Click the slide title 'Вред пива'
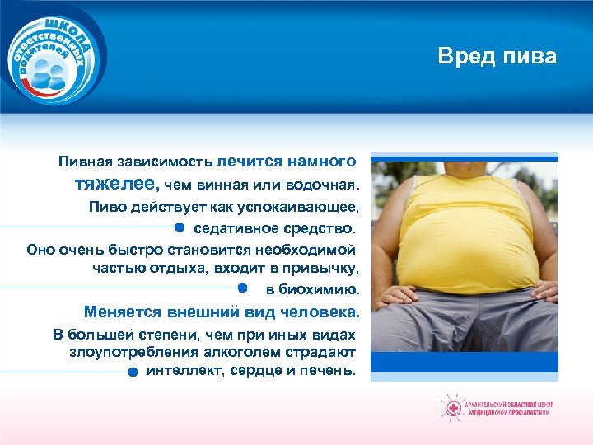pos(497,56)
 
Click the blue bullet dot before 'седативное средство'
pos(179,226)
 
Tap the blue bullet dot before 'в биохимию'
pos(243,288)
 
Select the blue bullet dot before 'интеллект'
pos(133,372)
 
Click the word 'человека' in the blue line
pos(324,312)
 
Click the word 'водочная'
pos(327,182)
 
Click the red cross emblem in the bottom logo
pos(452,406)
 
